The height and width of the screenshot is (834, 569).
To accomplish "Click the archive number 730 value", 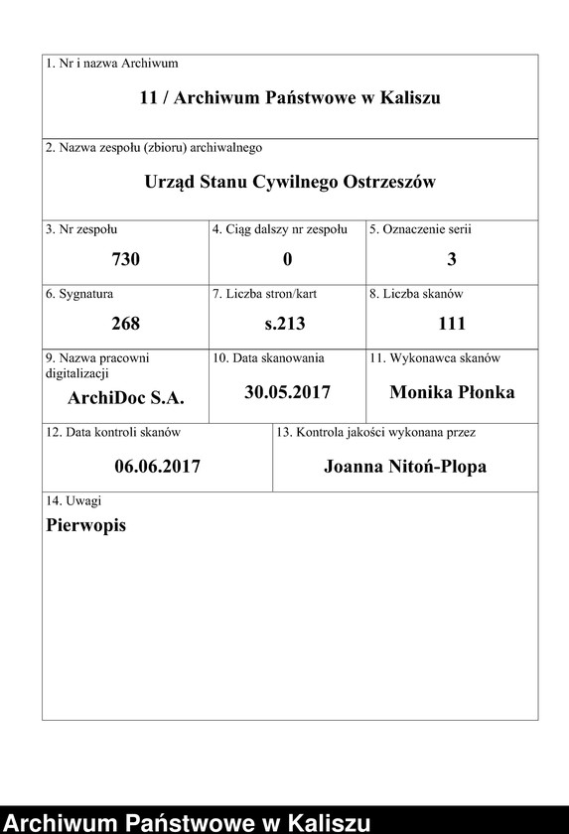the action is (x=126, y=259).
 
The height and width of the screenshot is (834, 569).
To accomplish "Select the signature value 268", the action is (x=126, y=324).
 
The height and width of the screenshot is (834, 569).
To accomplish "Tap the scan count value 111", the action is (x=452, y=324).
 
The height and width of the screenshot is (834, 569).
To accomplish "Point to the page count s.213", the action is (x=286, y=324).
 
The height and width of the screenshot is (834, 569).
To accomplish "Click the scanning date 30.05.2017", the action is (x=287, y=392).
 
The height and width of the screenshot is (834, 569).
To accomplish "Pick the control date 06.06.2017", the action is (x=158, y=466).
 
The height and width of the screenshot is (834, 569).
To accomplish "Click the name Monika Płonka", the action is (x=452, y=392).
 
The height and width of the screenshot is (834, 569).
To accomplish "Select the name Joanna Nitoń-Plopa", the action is (x=405, y=466).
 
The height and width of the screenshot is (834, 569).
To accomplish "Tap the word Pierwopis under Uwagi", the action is (x=86, y=526).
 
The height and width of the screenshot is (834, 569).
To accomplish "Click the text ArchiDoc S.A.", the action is (x=126, y=400).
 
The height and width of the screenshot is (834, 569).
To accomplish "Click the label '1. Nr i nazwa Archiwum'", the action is (x=112, y=64).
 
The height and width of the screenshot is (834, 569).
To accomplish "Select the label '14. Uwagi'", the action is (x=73, y=501).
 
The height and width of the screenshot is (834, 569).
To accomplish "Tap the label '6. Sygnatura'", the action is (x=79, y=294).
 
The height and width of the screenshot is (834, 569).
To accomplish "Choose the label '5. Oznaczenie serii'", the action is (x=420, y=229).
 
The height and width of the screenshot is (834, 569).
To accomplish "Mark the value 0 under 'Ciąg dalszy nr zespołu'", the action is (x=287, y=259).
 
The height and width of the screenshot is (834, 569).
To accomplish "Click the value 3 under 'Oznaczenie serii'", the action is (x=452, y=259).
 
